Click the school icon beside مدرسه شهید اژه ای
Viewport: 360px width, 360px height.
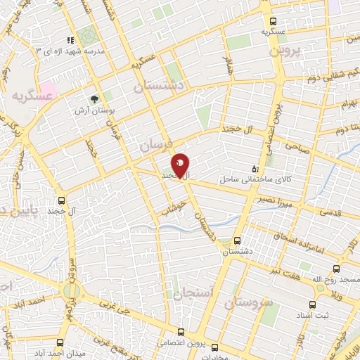[69, 41]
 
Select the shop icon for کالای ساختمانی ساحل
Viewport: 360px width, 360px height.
[255, 169]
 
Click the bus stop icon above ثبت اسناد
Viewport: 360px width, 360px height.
[312, 304]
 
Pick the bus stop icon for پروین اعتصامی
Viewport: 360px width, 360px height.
[181, 331]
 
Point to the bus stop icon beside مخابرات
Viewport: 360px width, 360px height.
[214, 347]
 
